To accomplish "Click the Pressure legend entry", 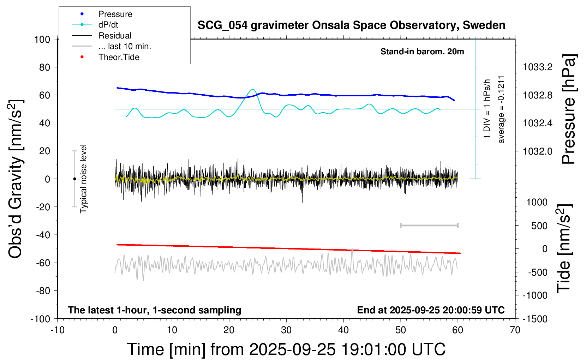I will [x=115, y=14].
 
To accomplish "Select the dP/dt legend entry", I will [x=108, y=25].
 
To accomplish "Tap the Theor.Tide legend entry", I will [x=119, y=57].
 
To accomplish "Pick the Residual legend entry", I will [x=115, y=36].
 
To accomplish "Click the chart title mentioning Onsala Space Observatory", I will [x=351, y=25].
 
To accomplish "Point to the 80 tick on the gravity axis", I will [x=44, y=67].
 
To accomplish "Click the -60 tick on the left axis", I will [x=43, y=263].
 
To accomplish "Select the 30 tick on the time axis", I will [x=286, y=330].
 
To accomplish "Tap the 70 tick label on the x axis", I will [x=515, y=330].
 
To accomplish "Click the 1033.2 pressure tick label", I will [x=538, y=67].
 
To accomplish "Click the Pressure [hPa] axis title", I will [x=568, y=109].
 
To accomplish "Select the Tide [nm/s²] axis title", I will [x=564, y=249].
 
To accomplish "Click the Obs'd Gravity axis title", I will [x=16, y=179].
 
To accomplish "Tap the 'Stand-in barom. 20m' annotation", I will [x=422, y=52].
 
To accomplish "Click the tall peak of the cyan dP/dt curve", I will [x=252, y=89].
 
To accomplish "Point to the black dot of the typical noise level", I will [x=74, y=179].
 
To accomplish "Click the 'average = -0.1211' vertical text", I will [x=501, y=109].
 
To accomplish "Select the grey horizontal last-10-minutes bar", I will [x=429, y=225].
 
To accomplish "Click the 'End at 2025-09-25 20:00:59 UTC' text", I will [x=431, y=310].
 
